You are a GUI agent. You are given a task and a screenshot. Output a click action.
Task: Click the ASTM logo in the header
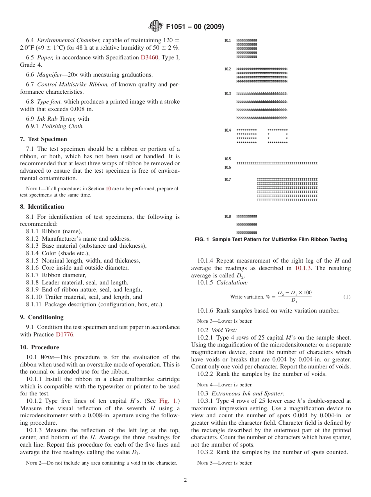(x=156, y=27)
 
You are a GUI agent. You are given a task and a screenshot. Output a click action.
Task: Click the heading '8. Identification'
(x=42, y=207)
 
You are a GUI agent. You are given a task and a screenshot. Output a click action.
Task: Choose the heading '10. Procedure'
(x=39, y=347)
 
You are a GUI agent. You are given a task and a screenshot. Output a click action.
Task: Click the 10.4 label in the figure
(x=227, y=130)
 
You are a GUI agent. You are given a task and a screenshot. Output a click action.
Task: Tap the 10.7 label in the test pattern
(x=227, y=180)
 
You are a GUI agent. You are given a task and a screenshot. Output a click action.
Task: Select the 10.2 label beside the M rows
(x=227, y=69)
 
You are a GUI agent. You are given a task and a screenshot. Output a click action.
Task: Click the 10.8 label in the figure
(x=227, y=216)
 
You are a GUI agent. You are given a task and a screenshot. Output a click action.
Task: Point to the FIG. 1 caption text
(x=271, y=240)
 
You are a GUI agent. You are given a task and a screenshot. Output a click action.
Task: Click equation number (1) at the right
(x=347, y=297)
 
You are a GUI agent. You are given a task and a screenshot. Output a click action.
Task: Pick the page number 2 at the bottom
(x=185, y=480)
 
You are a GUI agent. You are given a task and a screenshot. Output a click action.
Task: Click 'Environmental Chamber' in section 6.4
(x=69, y=40)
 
